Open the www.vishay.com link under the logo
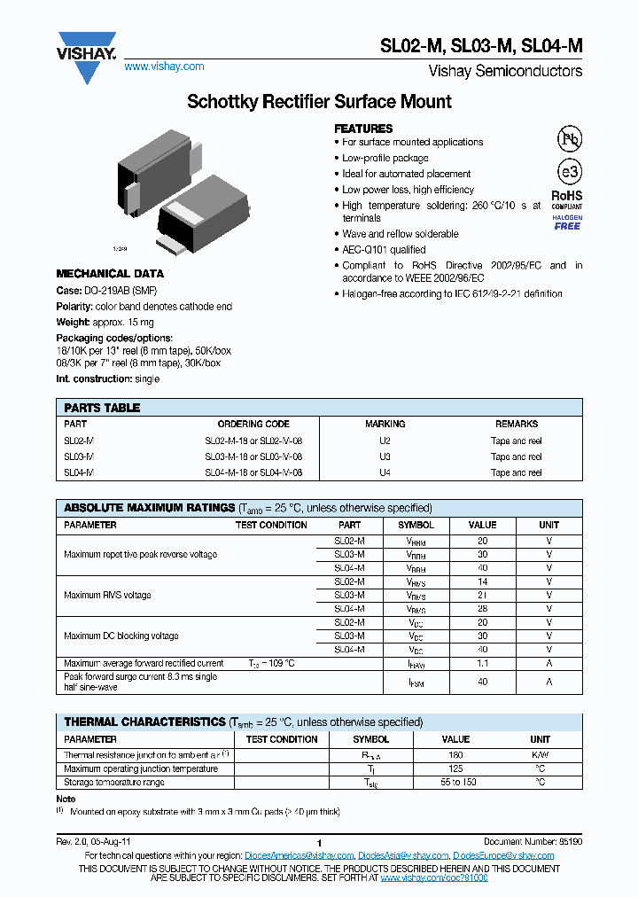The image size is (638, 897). tap(164, 66)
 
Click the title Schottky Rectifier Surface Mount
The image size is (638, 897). tap(319, 102)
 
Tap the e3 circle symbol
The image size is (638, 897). tap(568, 172)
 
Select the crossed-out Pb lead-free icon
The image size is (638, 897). tap(568, 138)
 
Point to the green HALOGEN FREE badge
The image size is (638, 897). tap(567, 222)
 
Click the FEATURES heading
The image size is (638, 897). tap(363, 129)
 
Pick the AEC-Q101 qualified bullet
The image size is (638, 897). tap(384, 250)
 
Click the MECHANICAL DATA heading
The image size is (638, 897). tap(110, 274)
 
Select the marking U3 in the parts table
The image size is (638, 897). tap(385, 456)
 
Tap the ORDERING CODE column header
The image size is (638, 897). tap(253, 425)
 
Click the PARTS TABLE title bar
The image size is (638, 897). tap(319, 408)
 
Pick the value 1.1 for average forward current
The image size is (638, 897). tap(483, 663)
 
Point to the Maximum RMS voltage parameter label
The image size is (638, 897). tap(107, 595)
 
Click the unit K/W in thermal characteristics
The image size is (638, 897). tap(540, 754)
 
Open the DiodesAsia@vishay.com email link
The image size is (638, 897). tap(402, 855)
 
